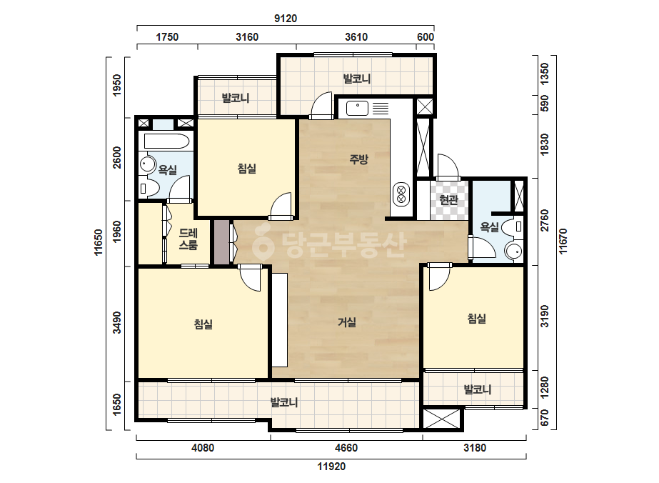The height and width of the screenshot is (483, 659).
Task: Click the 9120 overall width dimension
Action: pos(286,19)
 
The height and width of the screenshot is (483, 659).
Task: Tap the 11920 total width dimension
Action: pos(331,466)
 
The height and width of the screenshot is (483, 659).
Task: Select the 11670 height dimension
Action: pos(563,241)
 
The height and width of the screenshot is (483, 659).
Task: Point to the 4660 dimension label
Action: pos(346,448)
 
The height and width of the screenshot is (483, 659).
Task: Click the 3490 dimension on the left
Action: pos(117,322)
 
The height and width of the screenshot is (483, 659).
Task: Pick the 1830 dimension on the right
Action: pos(544,144)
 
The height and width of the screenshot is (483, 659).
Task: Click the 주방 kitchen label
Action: pos(358,159)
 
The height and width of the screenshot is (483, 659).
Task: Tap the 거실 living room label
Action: pos(347,322)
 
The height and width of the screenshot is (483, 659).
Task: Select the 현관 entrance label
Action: pos(448,199)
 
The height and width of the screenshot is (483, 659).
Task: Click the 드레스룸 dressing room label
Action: pos(188,239)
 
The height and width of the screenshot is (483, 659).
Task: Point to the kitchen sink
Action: pos(357,108)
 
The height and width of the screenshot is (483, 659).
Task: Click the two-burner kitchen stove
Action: pos(401,194)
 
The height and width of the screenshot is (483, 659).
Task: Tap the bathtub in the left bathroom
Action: pos(166,141)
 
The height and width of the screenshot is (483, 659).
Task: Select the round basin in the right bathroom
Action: pos(513,252)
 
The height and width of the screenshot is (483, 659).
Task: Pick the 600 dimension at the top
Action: pos(426,37)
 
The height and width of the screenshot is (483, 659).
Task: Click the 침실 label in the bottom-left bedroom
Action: pos(203,324)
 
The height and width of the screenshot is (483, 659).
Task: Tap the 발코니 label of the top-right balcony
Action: pos(357,79)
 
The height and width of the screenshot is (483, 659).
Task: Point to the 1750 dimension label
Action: pos(167,37)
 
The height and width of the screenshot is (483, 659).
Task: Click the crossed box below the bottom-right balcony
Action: pos(442,419)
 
